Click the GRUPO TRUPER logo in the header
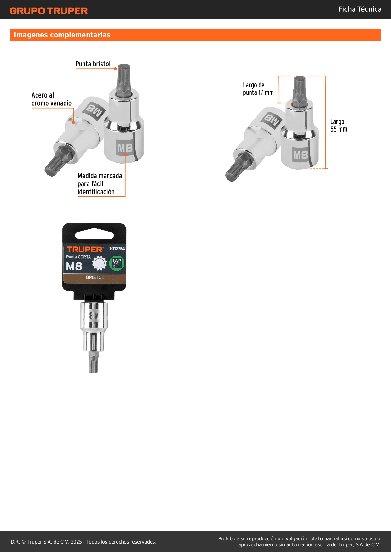[49, 11]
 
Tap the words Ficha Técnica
[359, 9]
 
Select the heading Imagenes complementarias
[62, 35]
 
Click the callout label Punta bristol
[93, 64]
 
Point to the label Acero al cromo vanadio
[51, 99]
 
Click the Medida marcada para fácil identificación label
[100, 184]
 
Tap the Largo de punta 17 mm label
[258, 89]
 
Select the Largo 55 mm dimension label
[339, 125]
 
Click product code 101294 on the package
[117, 249]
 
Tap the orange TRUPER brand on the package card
[85, 250]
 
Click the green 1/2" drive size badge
[117, 263]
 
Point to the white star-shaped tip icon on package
[100, 263]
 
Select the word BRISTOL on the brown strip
[95, 277]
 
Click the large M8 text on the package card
[74, 267]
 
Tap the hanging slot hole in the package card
[94, 234]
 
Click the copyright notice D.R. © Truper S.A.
[83, 542]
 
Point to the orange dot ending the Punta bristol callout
[115, 69]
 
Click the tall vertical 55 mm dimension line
[326, 122]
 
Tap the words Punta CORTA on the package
[78, 257]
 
